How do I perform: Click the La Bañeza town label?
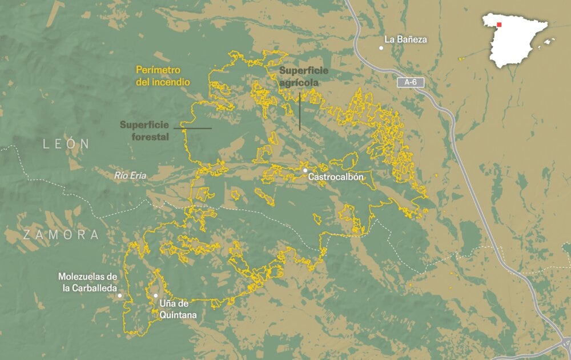tap(405, 39)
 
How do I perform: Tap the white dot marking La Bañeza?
tap(381, 47)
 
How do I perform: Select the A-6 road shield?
tap(411, 82)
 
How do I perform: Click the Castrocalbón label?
tap(336, 177)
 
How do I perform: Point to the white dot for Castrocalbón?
tap(305, 170)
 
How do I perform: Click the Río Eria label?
tap(130, 176)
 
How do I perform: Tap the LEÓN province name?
tap(67, 145)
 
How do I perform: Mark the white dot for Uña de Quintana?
tap(155, 295)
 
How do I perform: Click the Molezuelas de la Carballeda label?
tap(87, 282)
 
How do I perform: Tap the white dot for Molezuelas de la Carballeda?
tap(120, 295)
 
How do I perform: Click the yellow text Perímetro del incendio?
tap(162, 76)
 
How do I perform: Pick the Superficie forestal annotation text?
tap(143, 130)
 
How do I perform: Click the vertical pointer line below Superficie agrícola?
tap(300, 111)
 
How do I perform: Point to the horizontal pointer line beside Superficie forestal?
tap(192, 128)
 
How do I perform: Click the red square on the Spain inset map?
tap(500, 25)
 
